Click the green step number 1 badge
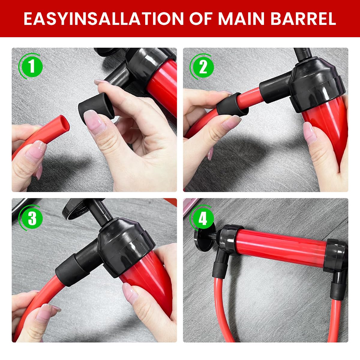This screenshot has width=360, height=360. [32, 67]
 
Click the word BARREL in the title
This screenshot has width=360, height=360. [303, 19]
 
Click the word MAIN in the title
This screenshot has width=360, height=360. [241, 19]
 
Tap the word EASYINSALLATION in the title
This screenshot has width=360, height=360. [104, 19]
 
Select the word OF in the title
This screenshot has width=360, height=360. [201, 19]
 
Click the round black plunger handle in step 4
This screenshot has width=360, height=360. [205, 237]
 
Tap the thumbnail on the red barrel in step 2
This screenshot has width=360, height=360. [310, 133]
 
